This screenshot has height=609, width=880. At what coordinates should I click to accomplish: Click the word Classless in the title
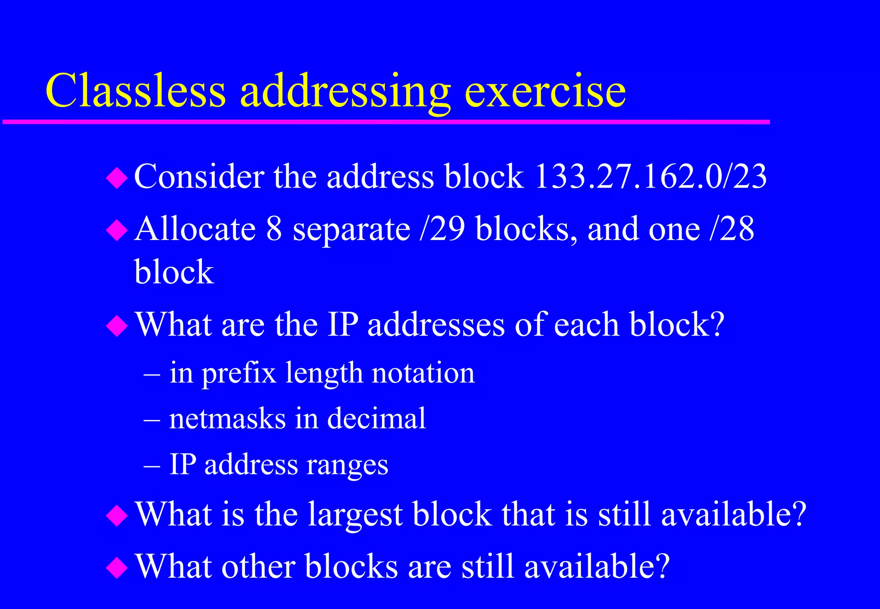pyautogui.click(x=135, y=91)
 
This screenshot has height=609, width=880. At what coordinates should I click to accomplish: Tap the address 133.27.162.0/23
pyautogui.click(x=650, y=176)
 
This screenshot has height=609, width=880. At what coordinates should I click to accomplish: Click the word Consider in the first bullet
pyautogui.click(x=199, y=176)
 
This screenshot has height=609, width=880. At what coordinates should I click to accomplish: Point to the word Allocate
pyautogui.click(x=196, y=228)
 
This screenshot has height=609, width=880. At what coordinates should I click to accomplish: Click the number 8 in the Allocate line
pyautogui.click(x=274, y=228)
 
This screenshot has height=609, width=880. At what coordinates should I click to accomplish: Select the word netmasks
pyautogui.click(x=227, y=418)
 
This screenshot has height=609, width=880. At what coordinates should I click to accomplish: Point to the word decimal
pyautogui.click(x=376, y=418)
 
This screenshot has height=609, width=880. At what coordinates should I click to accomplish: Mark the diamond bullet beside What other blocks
pyautogui.click(x=117, y=568)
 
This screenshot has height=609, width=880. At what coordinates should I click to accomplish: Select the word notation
pyautogui.click(x=423, y=373)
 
